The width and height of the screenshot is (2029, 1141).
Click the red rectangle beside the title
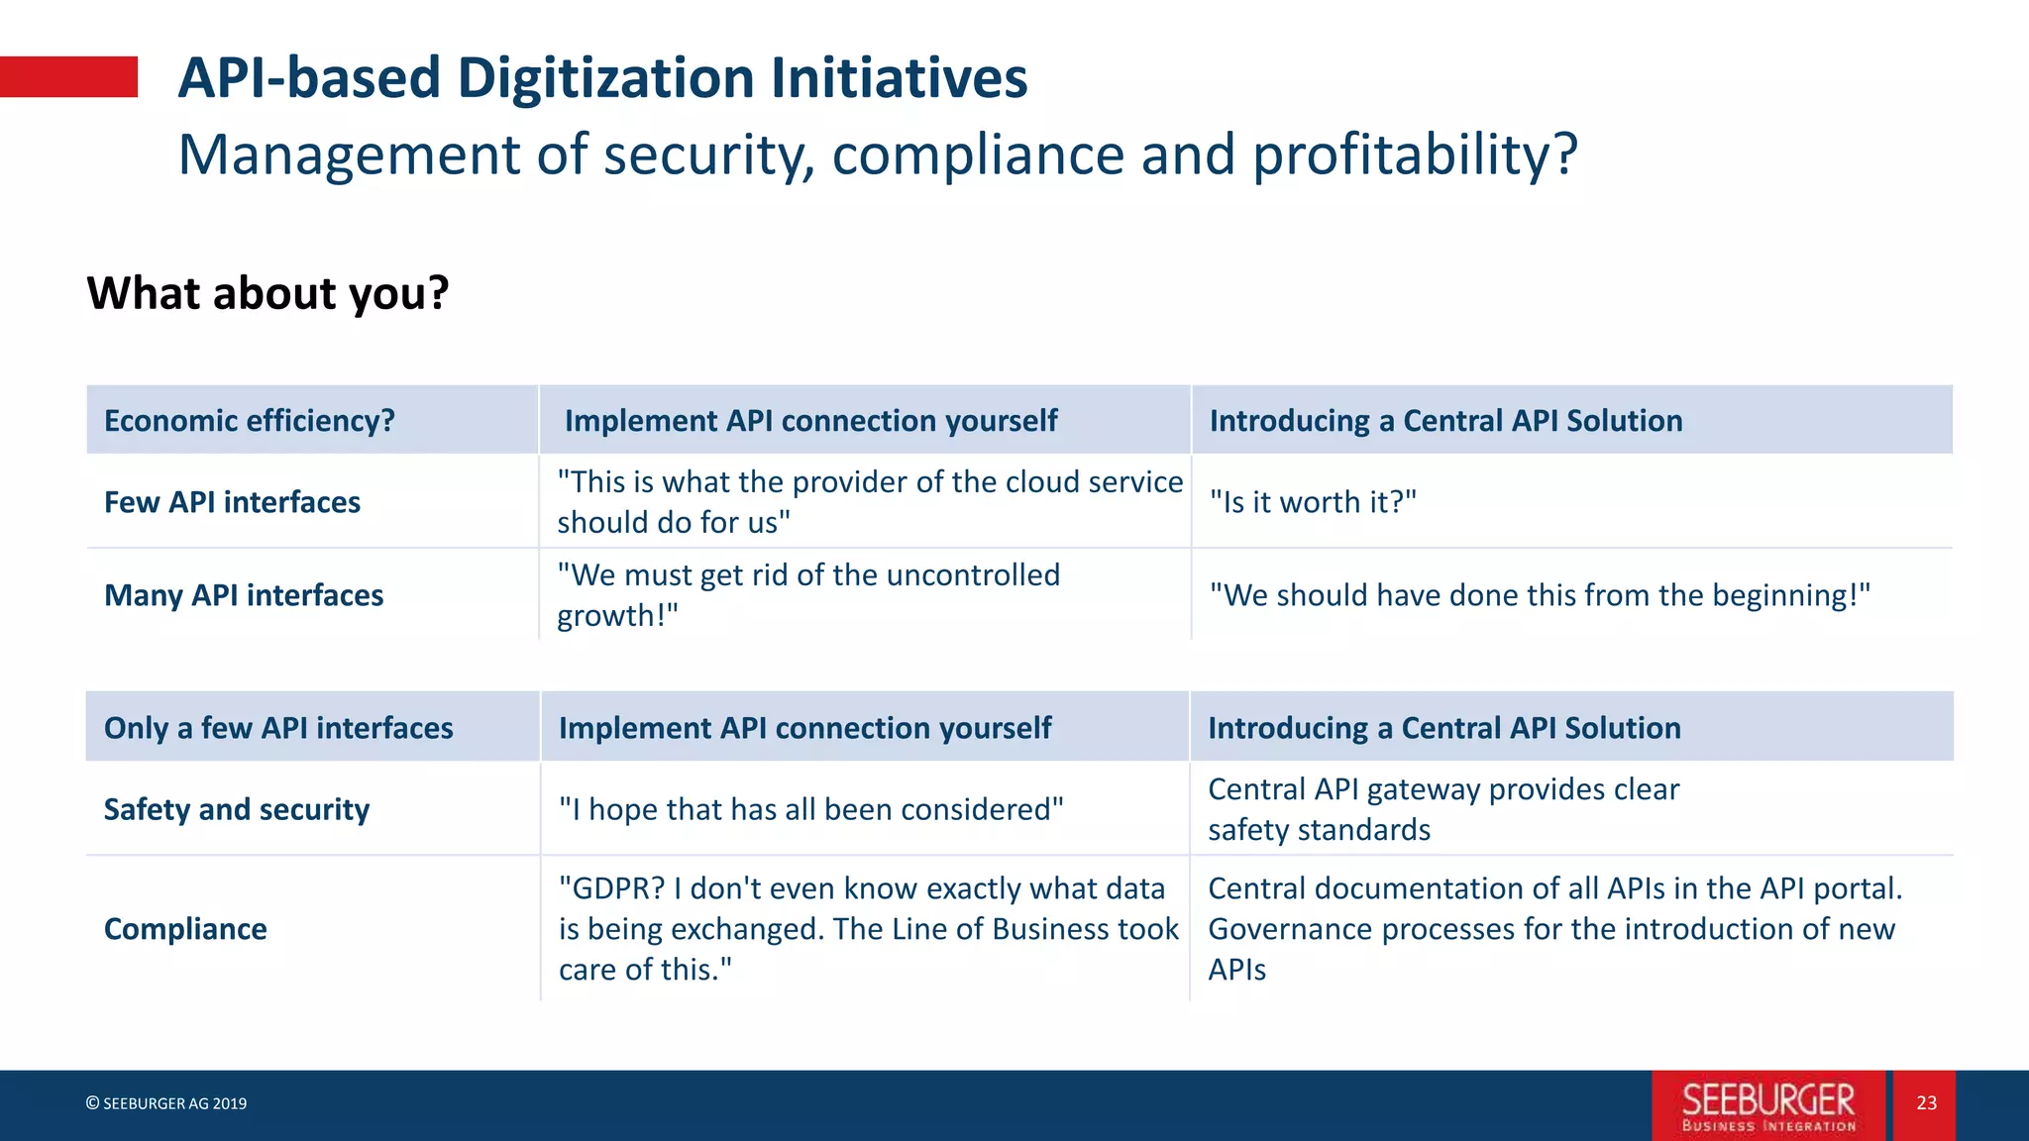68,77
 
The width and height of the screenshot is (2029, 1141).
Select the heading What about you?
267,293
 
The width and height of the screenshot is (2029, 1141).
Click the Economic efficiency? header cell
250,421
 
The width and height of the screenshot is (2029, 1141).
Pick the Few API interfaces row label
232,502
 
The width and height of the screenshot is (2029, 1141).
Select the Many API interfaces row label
244,595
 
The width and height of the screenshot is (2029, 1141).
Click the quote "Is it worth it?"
1313,502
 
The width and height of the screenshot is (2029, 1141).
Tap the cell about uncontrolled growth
807,595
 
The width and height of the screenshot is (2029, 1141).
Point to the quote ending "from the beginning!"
1540,595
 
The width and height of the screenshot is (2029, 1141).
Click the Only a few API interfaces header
278,728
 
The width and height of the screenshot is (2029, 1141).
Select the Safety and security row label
237,809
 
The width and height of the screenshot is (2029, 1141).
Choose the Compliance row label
185,929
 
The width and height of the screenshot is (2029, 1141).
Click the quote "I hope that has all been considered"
810,809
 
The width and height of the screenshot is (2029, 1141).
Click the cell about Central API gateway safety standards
1443,809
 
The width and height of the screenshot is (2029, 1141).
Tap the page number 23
1926,1103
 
